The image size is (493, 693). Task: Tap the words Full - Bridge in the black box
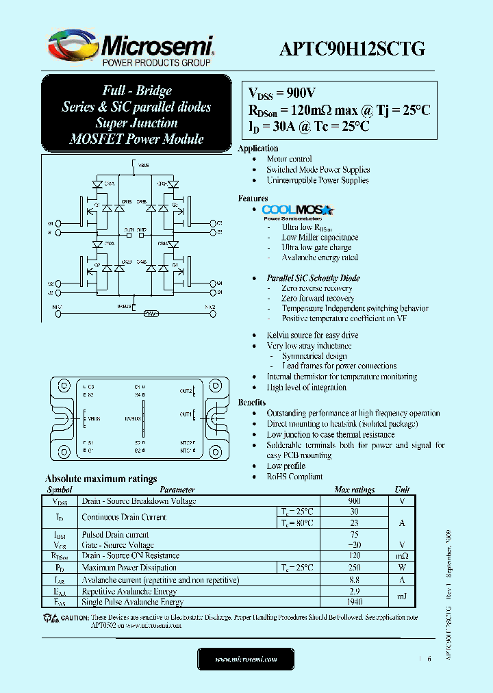(137, 90)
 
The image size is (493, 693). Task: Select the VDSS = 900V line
(282, 94)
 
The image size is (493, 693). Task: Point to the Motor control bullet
(289, 159)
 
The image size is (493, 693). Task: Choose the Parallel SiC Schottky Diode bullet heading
(313, 278)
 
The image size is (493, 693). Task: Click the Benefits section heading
(251, 403)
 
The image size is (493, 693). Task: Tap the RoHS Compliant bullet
(294, 477)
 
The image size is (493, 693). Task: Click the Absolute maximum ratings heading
(101, 479)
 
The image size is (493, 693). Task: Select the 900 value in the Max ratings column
(354, 501)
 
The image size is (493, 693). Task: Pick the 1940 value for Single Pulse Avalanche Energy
(354, 602)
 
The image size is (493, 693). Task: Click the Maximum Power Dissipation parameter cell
(129, 568)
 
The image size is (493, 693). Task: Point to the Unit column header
(402, 490)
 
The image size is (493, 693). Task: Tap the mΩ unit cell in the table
(402, 556)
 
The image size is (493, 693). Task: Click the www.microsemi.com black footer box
(246, 659)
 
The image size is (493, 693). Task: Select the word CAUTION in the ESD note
(75, 618)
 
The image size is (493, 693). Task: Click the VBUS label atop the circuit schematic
(143, 166)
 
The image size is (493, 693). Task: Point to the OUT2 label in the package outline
(186, 391)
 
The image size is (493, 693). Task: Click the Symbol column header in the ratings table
(59, 490)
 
